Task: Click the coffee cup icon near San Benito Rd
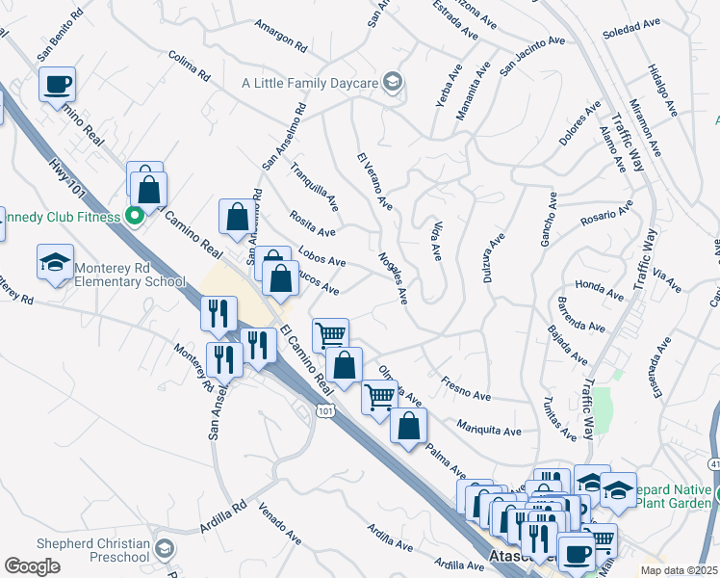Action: pos(58,83)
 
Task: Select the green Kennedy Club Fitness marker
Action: pos(135,216)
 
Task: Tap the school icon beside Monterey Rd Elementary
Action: pos(56,263)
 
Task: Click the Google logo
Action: pos(33,566)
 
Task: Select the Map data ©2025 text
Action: pos(679,570)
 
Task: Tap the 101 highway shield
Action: pos(327,412)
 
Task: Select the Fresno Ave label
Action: pos(467,390)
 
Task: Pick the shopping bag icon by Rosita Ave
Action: pos(237,217)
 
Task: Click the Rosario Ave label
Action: pos(606,214)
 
